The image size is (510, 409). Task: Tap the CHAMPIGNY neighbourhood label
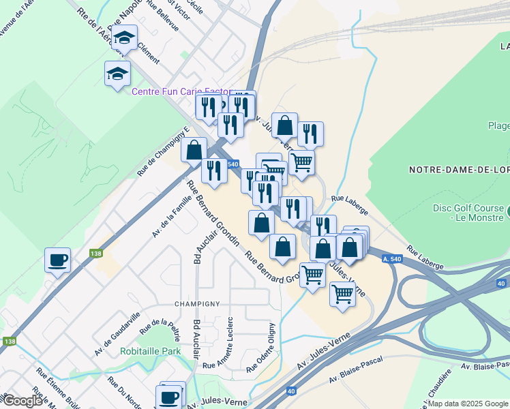click(x=198, y=304)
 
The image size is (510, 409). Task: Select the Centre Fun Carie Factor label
click(x=181, y=91)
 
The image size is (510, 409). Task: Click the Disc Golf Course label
click(x=468, y=213)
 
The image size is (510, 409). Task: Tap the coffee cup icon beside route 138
click(x=57, y=259)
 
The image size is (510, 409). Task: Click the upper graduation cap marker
click(x=125, y=37)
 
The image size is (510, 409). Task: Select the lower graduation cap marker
click(x=117, y=73)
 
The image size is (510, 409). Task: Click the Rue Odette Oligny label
click(x=262, y=349)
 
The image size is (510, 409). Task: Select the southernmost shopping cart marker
click(x=342, y=294)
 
